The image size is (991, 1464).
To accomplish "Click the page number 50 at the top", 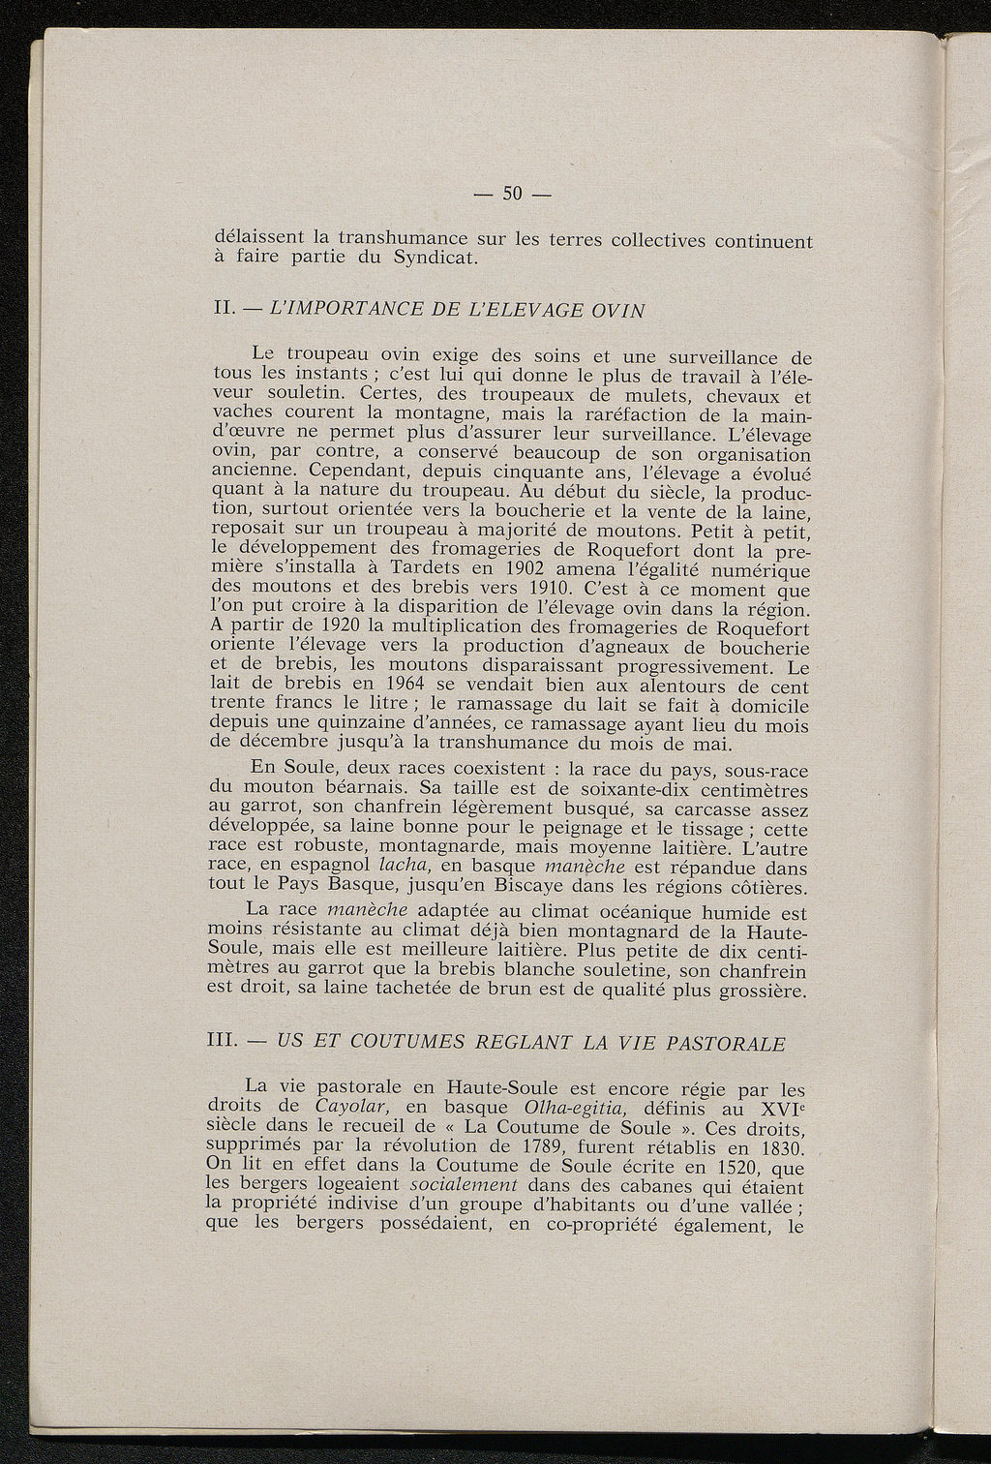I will [x=512, y=194].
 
